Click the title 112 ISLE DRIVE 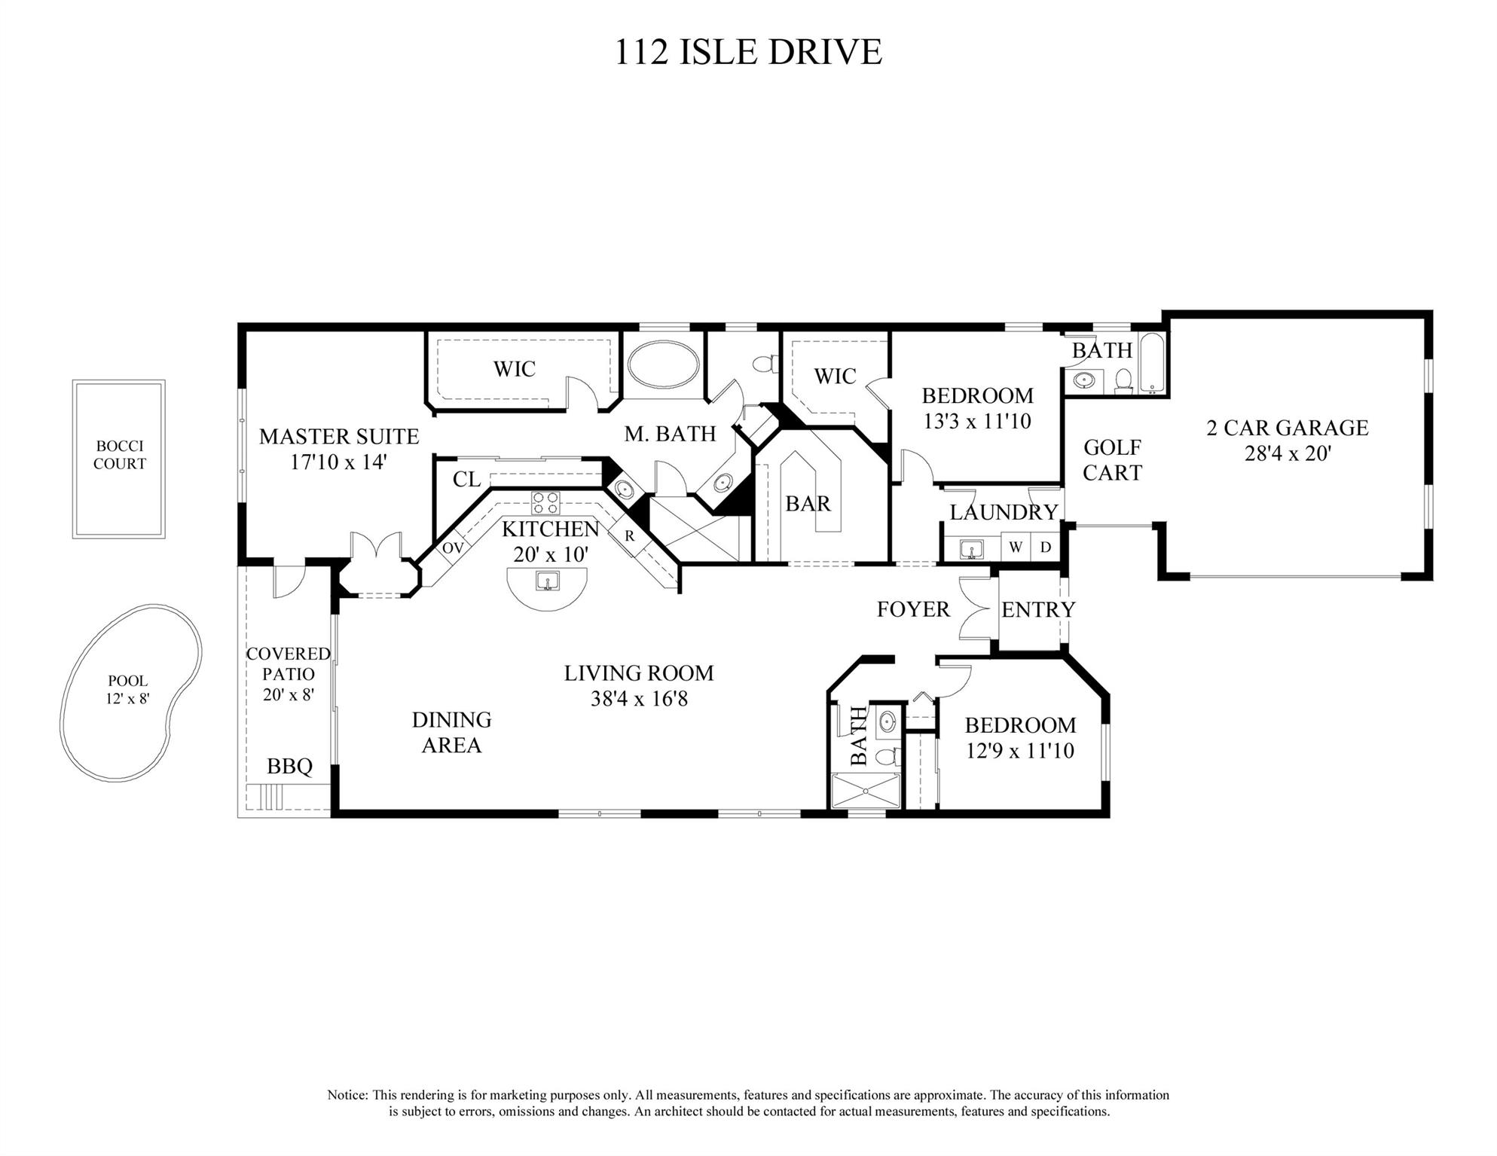point(748,52)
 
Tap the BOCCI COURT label point(119,455)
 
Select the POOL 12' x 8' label point(128,689)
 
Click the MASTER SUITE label point(339,436)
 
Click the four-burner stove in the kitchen point(545,502)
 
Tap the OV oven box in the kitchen point(453,548)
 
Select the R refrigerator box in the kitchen point(629,537)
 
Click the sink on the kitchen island point(545,581)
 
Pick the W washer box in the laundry point(1016,547)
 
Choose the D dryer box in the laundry point(1045,547)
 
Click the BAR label point(808,503)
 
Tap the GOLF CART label point(1112,460)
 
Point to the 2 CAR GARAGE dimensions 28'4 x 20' point(1287,453)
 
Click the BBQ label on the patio point(289,767)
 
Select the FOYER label point(913,609)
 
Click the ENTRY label point(1038,609)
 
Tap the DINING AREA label point(451,732)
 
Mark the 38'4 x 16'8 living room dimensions point(639,699)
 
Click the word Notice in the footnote point(347,1095)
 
